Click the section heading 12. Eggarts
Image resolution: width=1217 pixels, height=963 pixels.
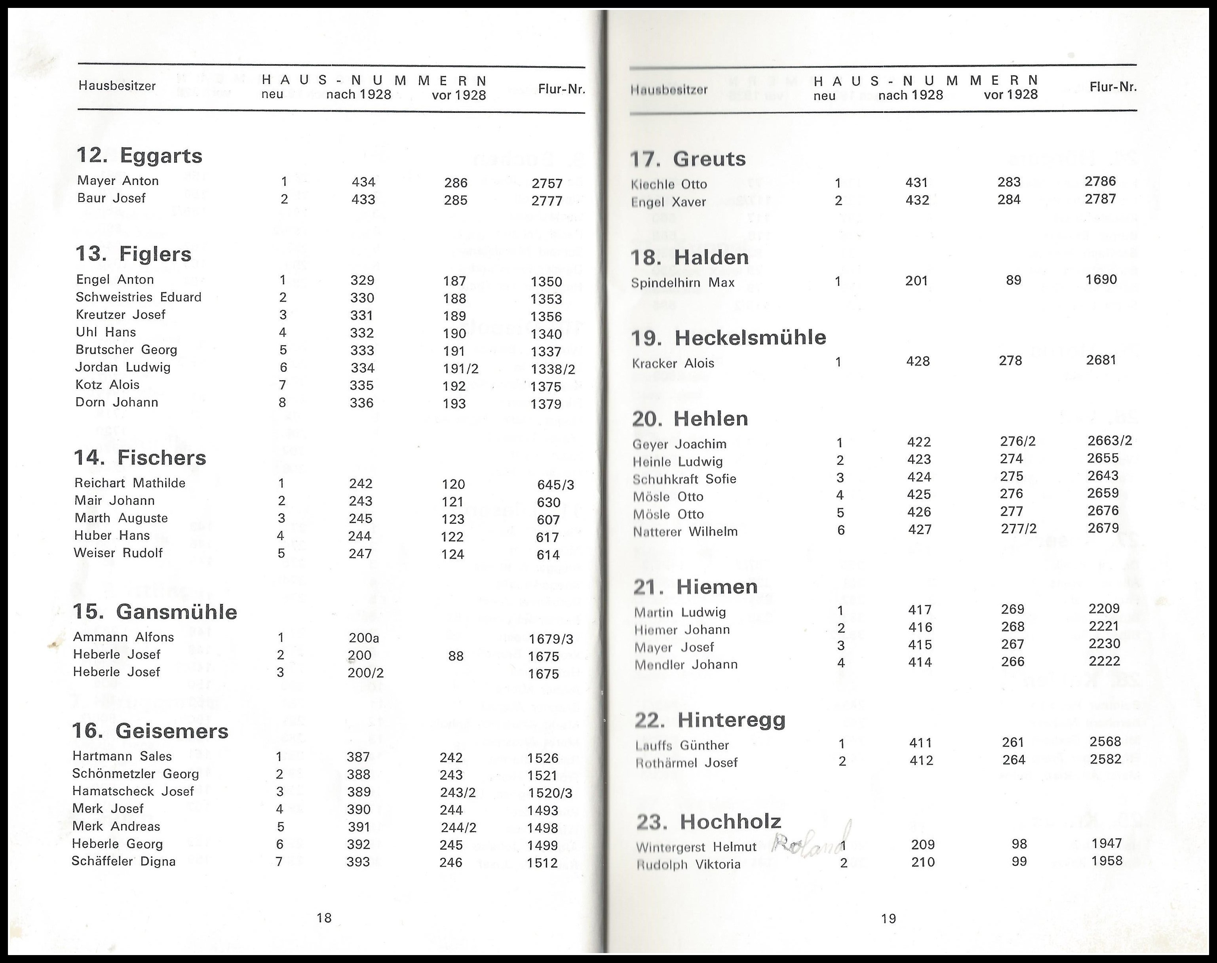click(x=139, y=156)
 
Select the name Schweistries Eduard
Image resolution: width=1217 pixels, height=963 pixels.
click(x=138, y=297)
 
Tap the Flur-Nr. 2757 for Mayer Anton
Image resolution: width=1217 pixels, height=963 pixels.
click(x=547, y=183)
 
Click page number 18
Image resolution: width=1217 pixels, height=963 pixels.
click(x=324, y=917)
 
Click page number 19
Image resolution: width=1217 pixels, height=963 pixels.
click(x=888, y=919)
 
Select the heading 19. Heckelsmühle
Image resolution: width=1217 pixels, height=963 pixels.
click(x=728, y=338)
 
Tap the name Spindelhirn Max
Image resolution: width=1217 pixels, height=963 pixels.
click(x=683, y=282)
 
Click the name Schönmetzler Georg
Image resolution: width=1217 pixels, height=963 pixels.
click(x=135, y=774)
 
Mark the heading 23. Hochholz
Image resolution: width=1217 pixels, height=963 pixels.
click(x=709, y=822)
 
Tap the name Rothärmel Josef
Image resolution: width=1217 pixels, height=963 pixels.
click(x=686, y=763)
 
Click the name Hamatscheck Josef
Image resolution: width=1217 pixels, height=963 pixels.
click(x=133, y=791)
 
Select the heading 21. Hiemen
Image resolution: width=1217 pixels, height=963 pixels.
click(x=696, y=587)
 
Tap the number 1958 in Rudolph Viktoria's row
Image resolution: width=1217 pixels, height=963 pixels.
click(x=1107, y=861)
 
